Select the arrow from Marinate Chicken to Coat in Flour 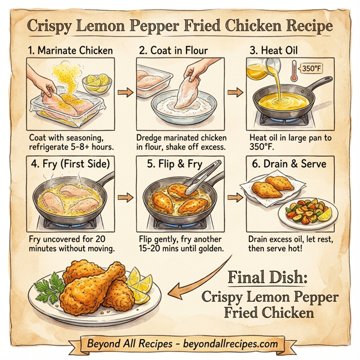(x=125, y=93)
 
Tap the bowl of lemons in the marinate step (x=96, y=83)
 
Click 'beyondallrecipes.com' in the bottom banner (x=230, y=344)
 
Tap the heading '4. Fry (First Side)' (x=71, y=163)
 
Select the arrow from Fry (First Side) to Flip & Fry (x=125, y=197)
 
